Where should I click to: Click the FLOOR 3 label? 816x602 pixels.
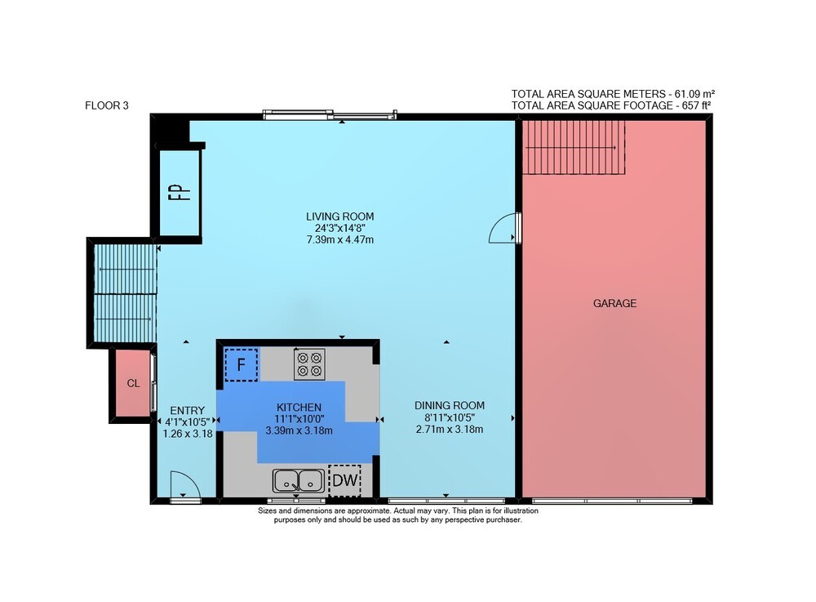pos(107,105)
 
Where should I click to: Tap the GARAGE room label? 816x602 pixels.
pos(614,303)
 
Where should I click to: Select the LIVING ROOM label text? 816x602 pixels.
pos(339,216)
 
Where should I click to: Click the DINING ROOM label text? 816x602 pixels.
pos(450,405)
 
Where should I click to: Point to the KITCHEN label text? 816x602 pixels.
pos(299,408)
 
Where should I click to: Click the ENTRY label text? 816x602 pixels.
pos(188,410)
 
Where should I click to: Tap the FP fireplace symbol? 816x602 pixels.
pos(180,192)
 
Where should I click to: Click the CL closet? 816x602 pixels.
pos(133,383)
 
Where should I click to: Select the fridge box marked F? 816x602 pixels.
pos(241,365)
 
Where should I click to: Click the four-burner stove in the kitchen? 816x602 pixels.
pos(309,364)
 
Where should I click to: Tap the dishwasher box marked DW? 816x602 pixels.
pos(344,479)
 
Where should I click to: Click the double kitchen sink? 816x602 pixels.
pos(298,480)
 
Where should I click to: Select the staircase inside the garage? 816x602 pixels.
pos(574,147)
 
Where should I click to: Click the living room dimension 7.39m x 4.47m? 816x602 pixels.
pos(339,240)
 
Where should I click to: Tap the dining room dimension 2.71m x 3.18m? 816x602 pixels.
pos(450,430)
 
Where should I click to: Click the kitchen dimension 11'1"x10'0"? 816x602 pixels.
pos(299,419)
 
